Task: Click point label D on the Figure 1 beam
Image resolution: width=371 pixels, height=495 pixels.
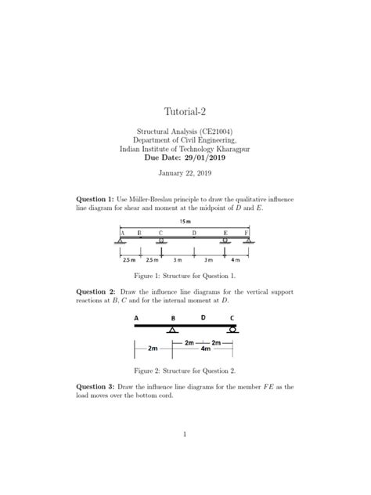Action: coord(193,233)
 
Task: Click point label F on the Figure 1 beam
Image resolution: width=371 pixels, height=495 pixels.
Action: coord(247,233)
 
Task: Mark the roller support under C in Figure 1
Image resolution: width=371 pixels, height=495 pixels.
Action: coord(160,241)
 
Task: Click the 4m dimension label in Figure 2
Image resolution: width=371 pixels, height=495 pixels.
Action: coord(205,349)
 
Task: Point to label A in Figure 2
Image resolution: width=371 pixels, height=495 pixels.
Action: coord(137,318)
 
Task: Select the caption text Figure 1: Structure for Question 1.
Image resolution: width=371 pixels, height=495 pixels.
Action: coord(185,276)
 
